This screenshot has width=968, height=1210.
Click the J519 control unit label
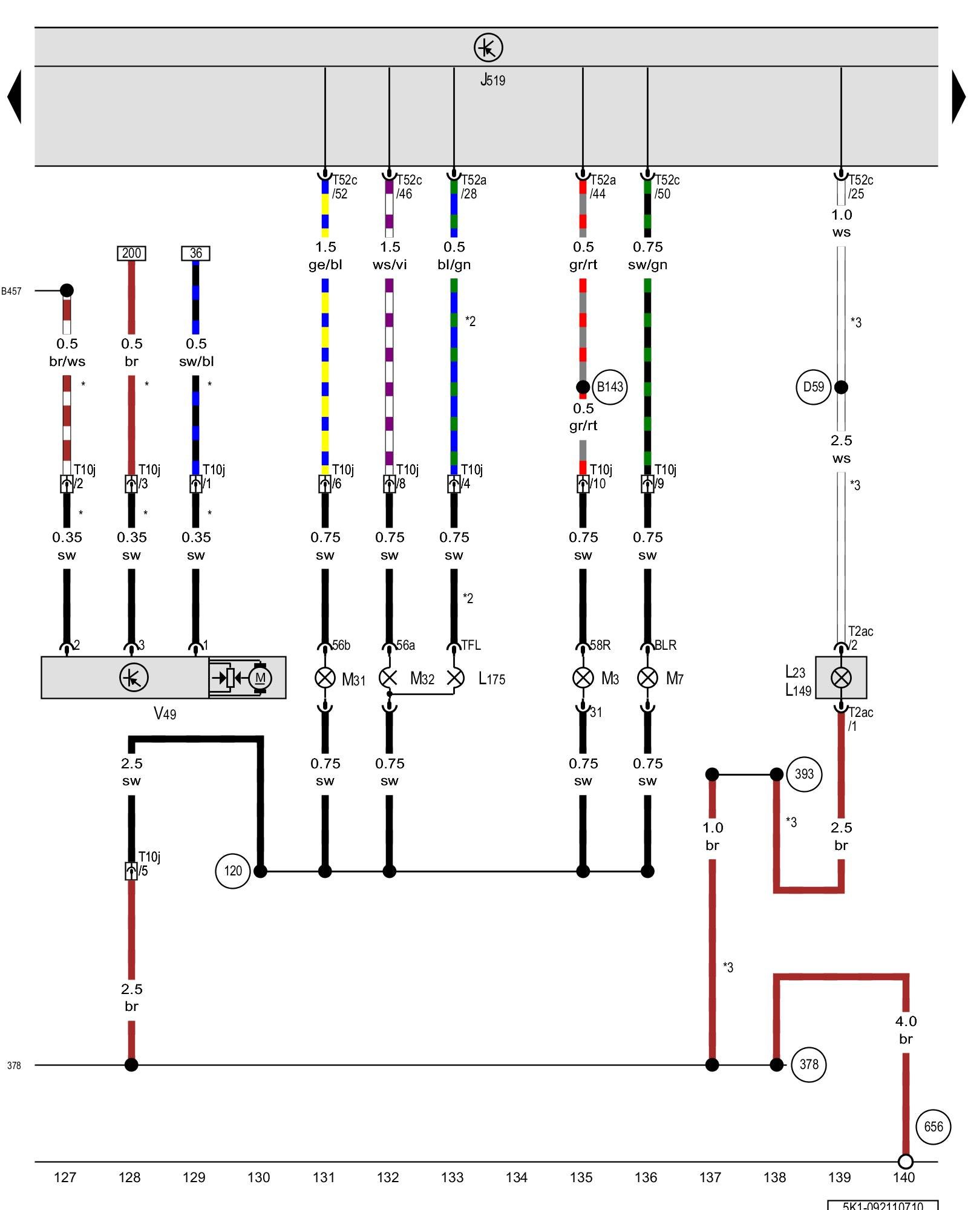492,80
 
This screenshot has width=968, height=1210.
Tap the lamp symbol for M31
325,678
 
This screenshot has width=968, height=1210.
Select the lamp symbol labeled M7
647,678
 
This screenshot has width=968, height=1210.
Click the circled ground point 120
233,871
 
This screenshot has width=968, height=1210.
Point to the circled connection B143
609,387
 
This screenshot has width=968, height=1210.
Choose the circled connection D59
813,387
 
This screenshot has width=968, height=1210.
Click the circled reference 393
804,774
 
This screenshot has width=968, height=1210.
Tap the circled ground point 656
933,1127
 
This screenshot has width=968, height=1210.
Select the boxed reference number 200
131,253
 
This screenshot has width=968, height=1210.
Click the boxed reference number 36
196,253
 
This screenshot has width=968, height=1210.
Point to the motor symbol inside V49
260,678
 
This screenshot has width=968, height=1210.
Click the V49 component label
165,714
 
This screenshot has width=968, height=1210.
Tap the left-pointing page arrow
15,97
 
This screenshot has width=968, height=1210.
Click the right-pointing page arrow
958,97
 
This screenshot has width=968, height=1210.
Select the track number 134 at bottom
516,1177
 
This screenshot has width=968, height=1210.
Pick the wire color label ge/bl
325,264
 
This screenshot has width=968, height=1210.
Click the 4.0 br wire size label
906,1030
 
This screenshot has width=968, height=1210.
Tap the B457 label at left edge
11,291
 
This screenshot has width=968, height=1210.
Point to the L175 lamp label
491,679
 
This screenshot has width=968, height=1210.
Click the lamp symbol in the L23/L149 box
841,678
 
